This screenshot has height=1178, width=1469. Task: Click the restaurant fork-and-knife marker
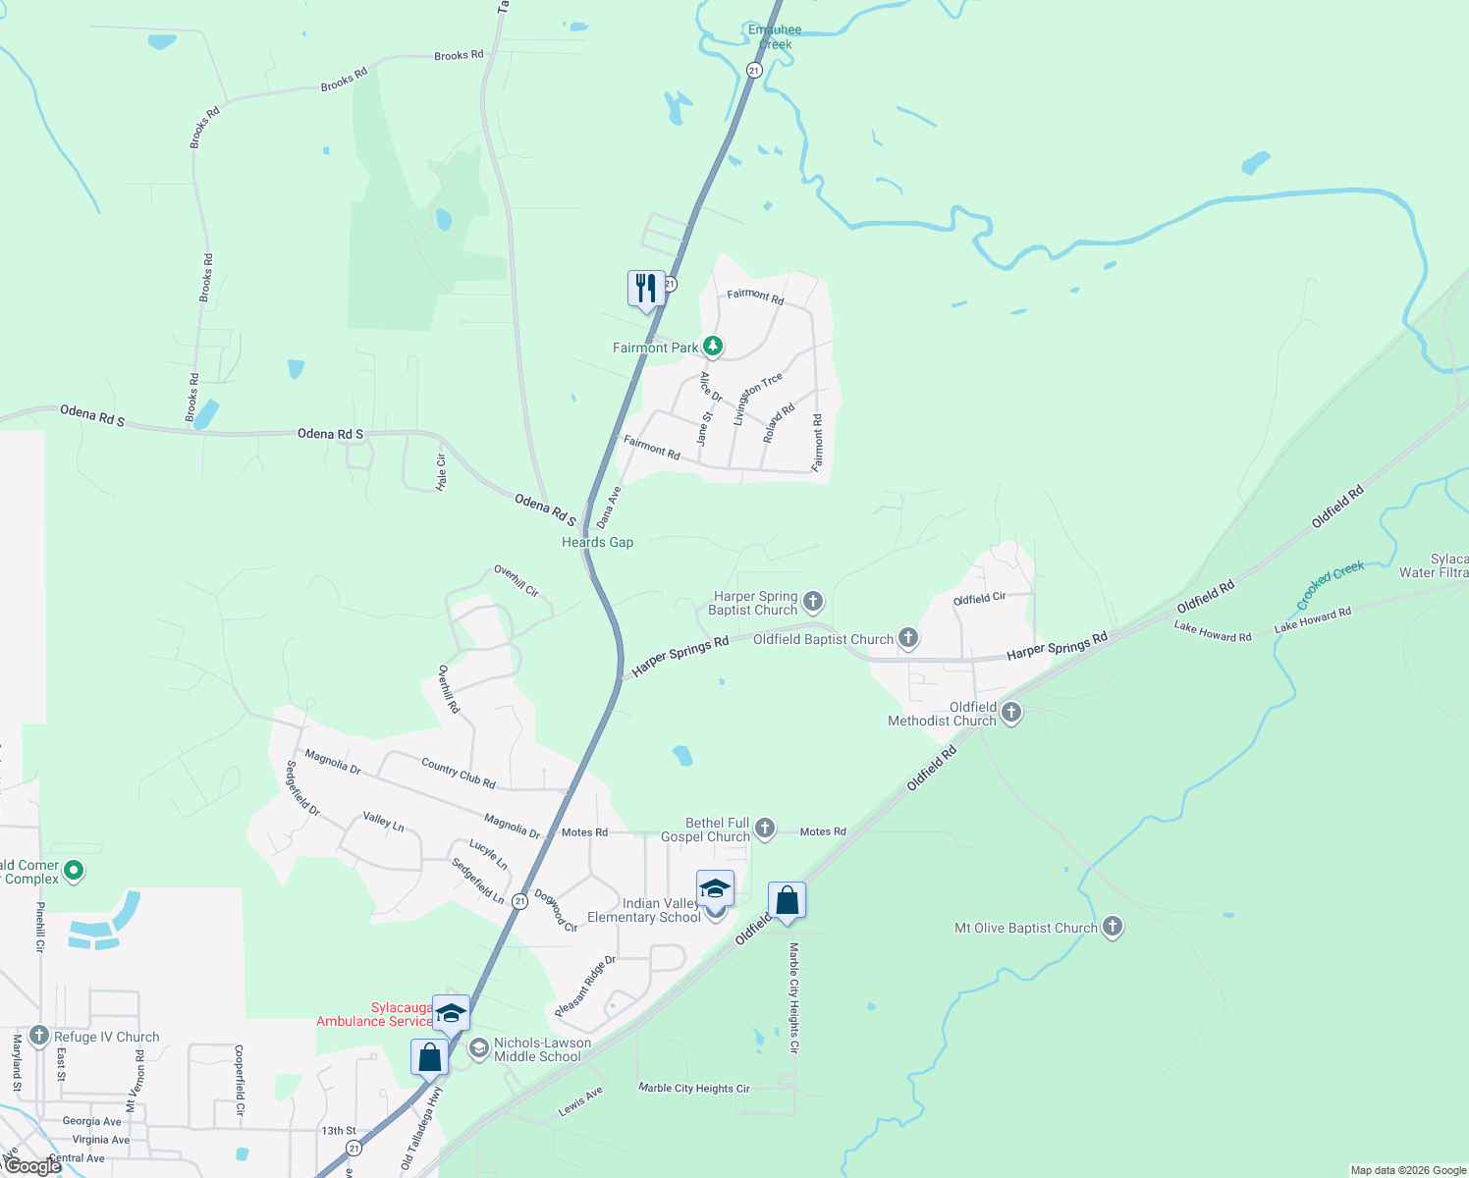(646, 290)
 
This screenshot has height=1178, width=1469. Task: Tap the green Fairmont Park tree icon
(713, 347)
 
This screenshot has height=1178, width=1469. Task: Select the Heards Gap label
(597, 542)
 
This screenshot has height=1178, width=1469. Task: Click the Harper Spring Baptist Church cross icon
(812, 601)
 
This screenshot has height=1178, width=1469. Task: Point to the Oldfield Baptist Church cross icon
(908, 639)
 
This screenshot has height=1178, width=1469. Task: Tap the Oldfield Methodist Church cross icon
(1011, 713)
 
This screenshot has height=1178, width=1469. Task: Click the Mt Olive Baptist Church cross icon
(1112, 927)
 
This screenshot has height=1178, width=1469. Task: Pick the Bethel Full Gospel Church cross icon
(765, 830)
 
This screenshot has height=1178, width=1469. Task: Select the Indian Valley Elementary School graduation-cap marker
(715, 890)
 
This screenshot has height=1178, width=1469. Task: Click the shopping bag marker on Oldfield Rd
(787, 901)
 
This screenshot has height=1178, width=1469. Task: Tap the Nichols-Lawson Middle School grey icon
(478, 1048)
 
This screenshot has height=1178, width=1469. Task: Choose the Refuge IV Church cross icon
(39, 1036)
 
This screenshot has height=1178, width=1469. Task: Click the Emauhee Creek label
(775, 36)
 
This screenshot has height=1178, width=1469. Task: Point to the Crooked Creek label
(1330, 584)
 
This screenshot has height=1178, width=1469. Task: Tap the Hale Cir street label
(442, 472)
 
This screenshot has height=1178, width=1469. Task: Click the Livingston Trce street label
(757, 399)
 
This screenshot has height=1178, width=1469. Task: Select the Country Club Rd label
(458, 773)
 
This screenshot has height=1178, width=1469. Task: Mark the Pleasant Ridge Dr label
(584, 986)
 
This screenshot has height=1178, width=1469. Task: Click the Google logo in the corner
(32, 1166)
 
